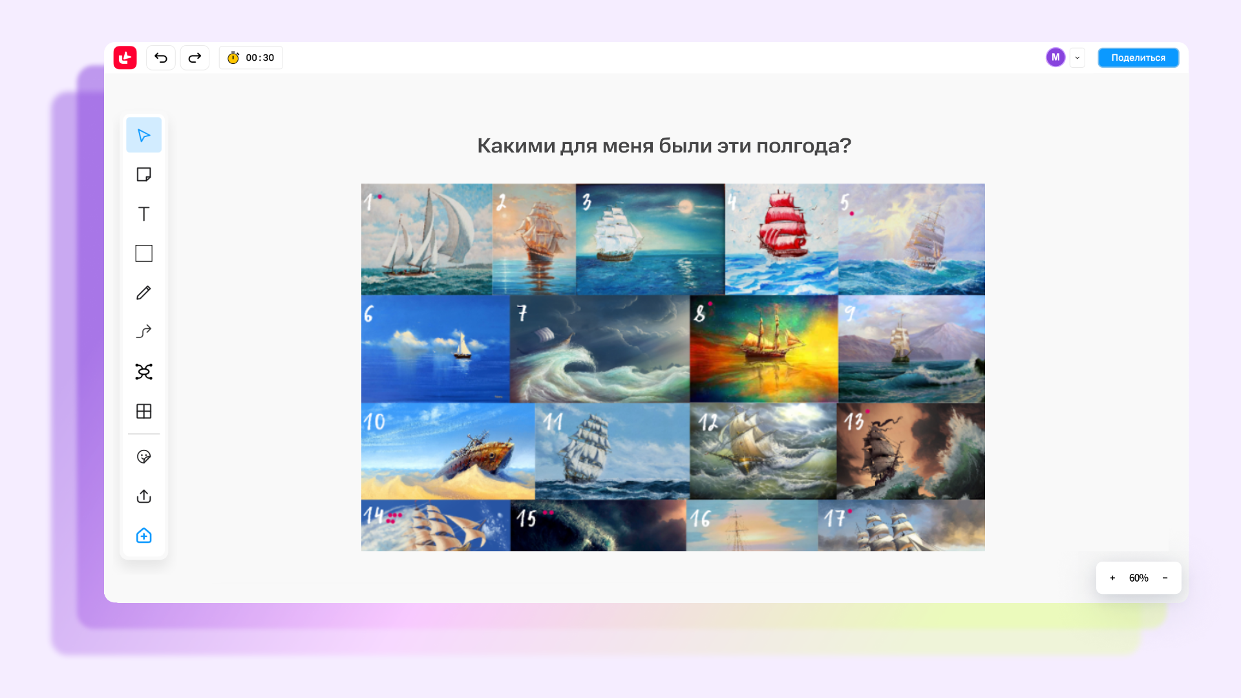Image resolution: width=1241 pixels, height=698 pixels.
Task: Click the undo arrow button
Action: click(161, 58)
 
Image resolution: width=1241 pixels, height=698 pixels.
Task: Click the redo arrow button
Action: click(195, 58)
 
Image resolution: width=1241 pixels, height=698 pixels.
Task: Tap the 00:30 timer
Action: click(251, 58)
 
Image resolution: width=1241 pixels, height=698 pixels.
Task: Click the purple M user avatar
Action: click(1055, 58)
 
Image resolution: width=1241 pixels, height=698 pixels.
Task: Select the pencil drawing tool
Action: click(143, 293)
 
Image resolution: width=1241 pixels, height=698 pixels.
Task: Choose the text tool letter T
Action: click(143, 214)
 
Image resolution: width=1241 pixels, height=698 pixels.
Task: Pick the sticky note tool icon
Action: click(143, 174)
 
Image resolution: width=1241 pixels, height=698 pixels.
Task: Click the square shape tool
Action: click(143, 253)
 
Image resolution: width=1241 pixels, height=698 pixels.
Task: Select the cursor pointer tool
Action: click(143, 135)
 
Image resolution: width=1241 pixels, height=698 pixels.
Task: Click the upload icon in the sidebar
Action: click(143, 496)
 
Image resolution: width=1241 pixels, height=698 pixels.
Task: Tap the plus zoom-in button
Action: click(1112, 578)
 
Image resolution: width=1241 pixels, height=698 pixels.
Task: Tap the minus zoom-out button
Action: click(1165, 578)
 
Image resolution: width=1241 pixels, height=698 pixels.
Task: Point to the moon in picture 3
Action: click(685, 207)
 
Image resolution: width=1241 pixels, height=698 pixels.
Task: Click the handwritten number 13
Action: click(854, 422)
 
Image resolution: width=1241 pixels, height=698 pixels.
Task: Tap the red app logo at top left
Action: click(125, 58)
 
